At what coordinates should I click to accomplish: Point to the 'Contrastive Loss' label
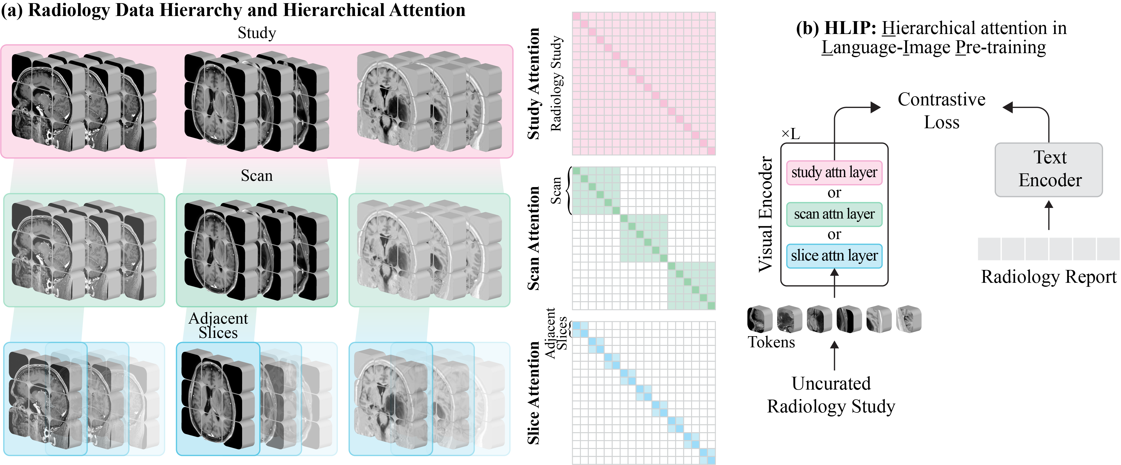(x=942, y=111)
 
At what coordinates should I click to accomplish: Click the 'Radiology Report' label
(x=1049, y=277)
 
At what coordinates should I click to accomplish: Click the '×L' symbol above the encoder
(x=791, y=134)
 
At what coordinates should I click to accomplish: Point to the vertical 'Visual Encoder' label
(x=765, y=214)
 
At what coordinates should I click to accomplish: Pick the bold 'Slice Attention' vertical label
(x=534, y=392)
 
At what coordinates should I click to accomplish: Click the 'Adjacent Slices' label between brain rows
(x=218, y=325)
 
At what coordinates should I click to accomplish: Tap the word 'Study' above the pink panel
(x=257, y=33)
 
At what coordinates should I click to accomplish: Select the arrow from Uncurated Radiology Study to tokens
(x=834, y=355)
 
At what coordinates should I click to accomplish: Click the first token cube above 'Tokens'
(x=760, y=320)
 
